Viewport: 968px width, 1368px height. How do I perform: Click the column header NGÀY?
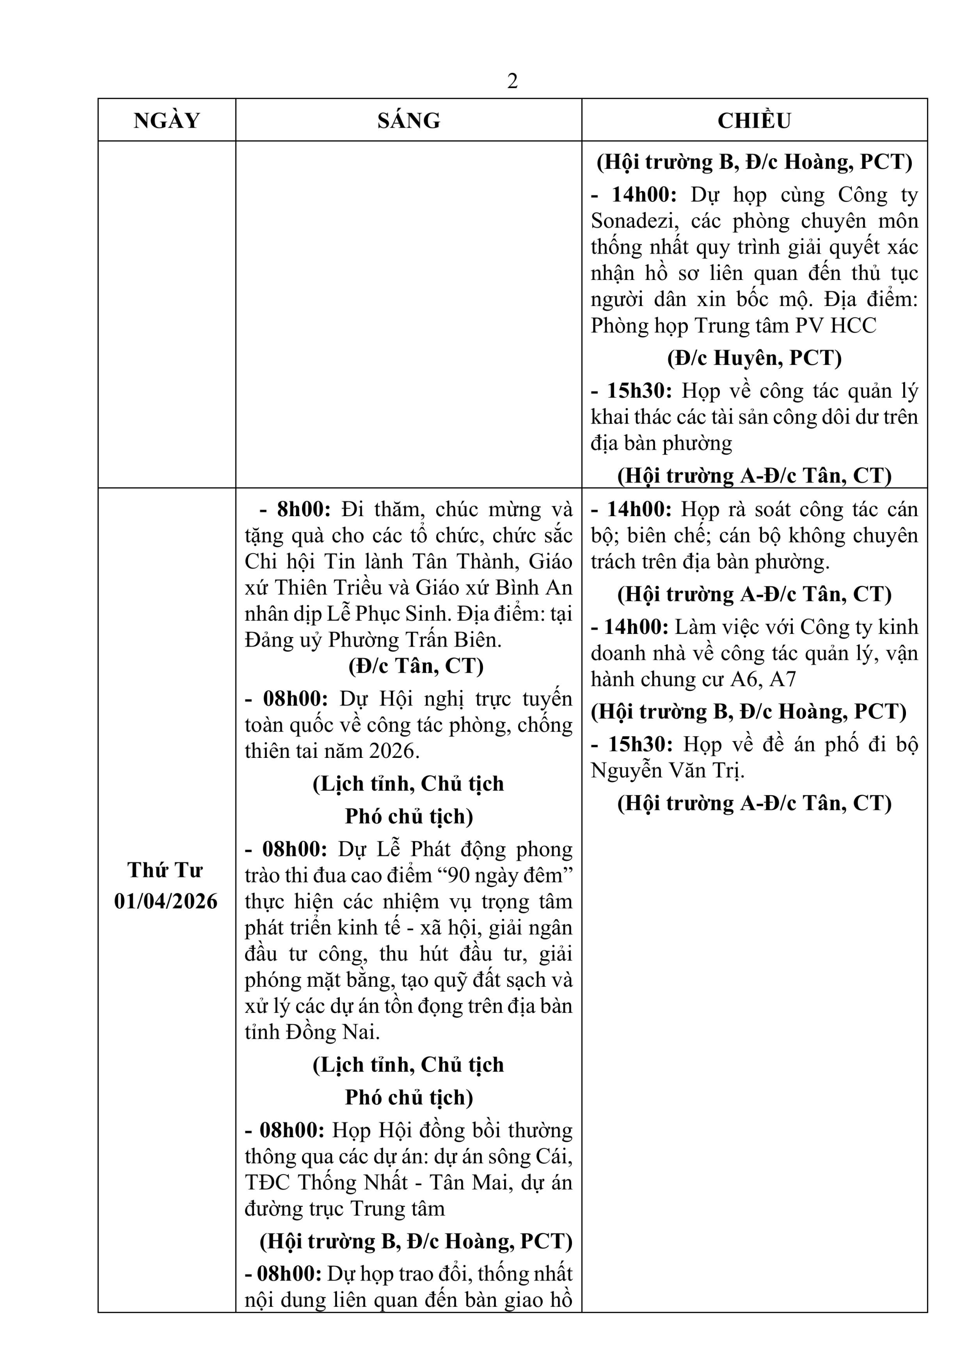(167, 121)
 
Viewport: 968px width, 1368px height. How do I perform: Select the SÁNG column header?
(409, 121)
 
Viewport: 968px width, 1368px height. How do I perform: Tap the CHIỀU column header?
(754, 121)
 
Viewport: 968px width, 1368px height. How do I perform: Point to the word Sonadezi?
(634, 221)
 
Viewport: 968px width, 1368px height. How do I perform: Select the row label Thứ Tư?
(165, 871)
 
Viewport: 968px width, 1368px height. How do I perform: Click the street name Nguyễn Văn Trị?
(667, 770)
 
